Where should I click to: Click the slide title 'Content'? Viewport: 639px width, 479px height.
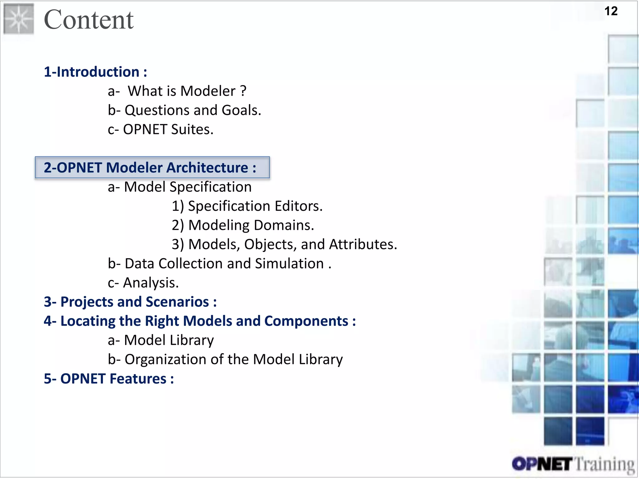89,20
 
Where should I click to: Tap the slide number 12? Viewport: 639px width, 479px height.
611,11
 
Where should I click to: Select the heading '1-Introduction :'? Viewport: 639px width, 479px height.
95,72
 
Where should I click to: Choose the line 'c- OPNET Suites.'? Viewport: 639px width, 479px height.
160,129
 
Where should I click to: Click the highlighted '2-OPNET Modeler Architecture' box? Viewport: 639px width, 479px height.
152,167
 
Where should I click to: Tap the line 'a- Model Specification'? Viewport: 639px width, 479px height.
179,187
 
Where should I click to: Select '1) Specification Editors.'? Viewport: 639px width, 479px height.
247,206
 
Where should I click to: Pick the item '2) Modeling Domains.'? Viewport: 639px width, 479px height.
243,225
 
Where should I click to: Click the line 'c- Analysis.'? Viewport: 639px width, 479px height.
143,283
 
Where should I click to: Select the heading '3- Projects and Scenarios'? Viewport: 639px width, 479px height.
130,302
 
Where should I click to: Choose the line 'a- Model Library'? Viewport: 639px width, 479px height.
161,340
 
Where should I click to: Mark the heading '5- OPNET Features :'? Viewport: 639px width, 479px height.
109,379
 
